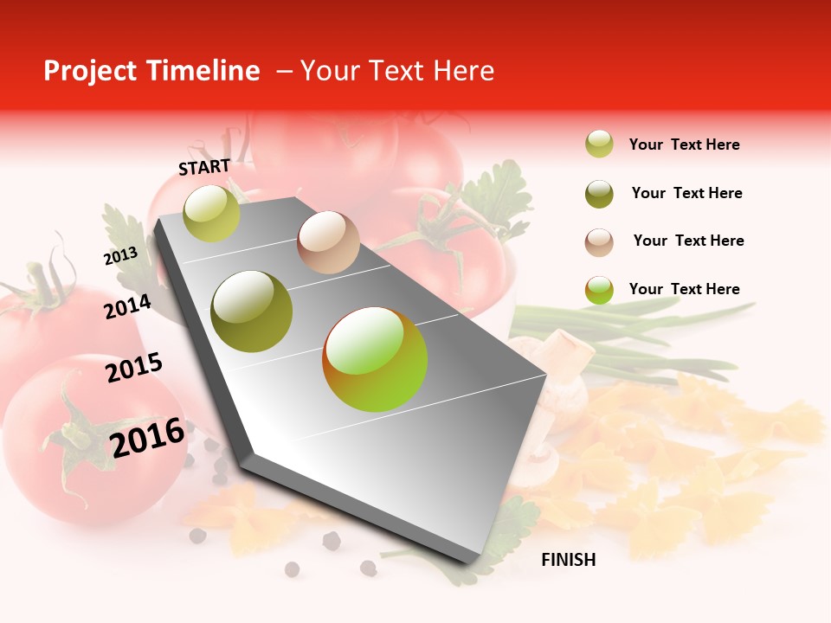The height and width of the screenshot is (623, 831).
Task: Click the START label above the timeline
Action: [x=204, y=167]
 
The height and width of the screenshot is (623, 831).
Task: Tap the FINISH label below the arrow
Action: [x=568, y=560]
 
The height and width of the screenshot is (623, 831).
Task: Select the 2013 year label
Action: [x=120, y=256]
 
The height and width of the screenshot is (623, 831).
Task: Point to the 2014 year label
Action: [x=127, y=306]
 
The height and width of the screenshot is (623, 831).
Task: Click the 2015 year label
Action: [x=133, y=368]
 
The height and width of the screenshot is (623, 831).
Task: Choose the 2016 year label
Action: [x=147, y=437]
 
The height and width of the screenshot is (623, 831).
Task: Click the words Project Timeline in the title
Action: [x=151, y=71]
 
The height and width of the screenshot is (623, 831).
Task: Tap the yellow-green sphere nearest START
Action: [x=212, y=213]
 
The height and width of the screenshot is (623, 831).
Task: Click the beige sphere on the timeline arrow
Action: [x=328, y=241]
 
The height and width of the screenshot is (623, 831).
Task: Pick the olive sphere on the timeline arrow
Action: [x=252, y=311]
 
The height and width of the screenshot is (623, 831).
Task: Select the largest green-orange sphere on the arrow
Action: [x=375, y=359]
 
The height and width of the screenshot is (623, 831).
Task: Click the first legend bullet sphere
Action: [x=599, y=145]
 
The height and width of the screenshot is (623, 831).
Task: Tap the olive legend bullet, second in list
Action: [x=599, y=194]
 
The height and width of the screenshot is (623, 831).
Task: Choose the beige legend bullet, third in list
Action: [x=599, y=242]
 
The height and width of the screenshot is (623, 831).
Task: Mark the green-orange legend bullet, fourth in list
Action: [x=599, y=290]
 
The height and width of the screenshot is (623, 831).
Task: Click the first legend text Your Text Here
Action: [x=684, y=145]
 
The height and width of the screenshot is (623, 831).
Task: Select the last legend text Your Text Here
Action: [x=684, y=289]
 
